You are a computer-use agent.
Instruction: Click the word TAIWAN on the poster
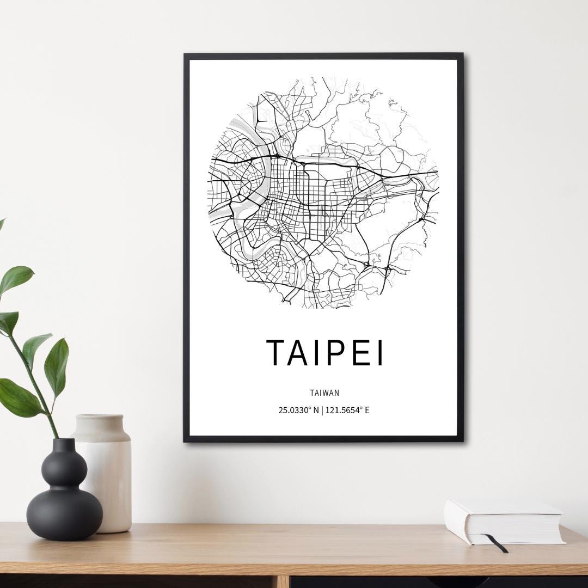324,392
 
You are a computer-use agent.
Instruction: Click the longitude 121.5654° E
347,410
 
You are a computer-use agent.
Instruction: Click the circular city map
324,191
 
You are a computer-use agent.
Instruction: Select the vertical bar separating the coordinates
322,410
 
